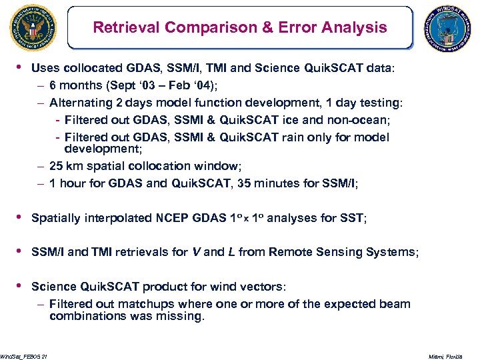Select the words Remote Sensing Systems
pos(341,252)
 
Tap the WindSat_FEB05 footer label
pos(23,357)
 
